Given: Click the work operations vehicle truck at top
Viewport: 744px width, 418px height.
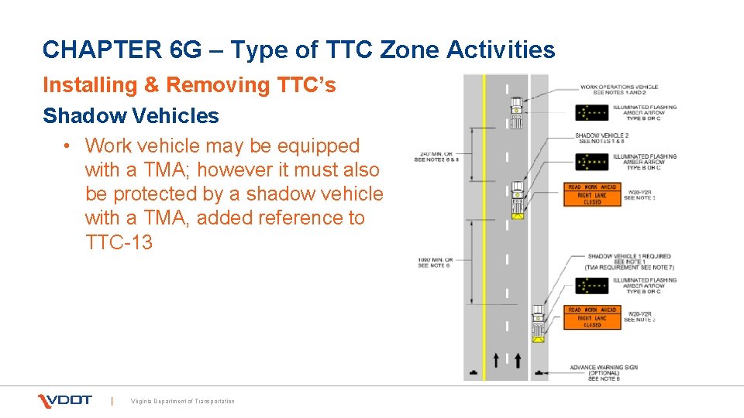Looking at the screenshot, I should tap(516, 113).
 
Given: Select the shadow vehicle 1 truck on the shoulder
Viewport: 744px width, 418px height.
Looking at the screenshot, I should tap(538, 324).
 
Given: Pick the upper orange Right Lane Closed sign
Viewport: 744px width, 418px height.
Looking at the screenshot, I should tap(591, 195).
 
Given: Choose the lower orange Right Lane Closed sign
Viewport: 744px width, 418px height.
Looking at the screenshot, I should tap(591, 317).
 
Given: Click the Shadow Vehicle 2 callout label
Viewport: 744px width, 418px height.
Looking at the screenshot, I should tap(601, 139).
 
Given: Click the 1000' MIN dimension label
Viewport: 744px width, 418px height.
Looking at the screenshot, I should tap(436, 262).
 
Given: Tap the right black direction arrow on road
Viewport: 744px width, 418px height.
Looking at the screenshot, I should tap(518, 360).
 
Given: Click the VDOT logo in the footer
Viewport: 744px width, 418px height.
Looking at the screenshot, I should tap(65, 400).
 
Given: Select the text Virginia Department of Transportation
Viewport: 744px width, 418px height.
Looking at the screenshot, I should tap(182, 401).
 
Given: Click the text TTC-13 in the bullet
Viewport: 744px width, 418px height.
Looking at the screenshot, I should tap(119, 242).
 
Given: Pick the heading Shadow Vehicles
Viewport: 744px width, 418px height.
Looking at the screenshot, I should tap(131, 116).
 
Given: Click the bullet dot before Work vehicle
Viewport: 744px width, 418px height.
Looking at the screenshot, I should tap(69, 146).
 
